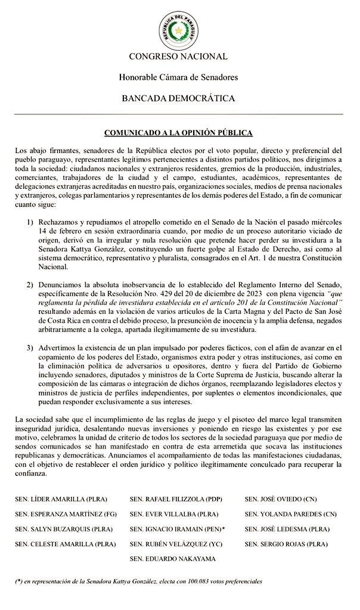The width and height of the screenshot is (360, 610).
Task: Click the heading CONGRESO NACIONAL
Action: point(178,57)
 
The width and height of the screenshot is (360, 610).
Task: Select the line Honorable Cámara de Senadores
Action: point(178,77)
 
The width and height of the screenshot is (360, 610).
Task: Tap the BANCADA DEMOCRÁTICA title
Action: point(178,98)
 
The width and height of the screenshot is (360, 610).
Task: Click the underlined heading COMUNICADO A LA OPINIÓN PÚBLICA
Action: point(178,133)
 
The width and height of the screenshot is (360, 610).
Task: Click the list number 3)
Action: point(29,347)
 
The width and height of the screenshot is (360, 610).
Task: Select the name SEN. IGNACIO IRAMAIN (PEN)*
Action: point(177,528)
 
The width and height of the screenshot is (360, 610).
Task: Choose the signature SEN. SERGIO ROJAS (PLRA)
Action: point(285,544)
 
